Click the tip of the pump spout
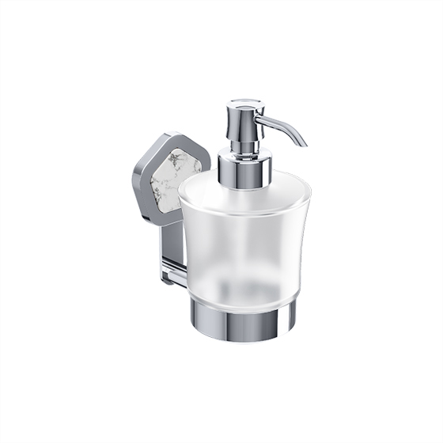pos(303,143)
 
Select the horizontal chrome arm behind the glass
pos(176,274)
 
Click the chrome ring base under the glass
pos(243,320)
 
